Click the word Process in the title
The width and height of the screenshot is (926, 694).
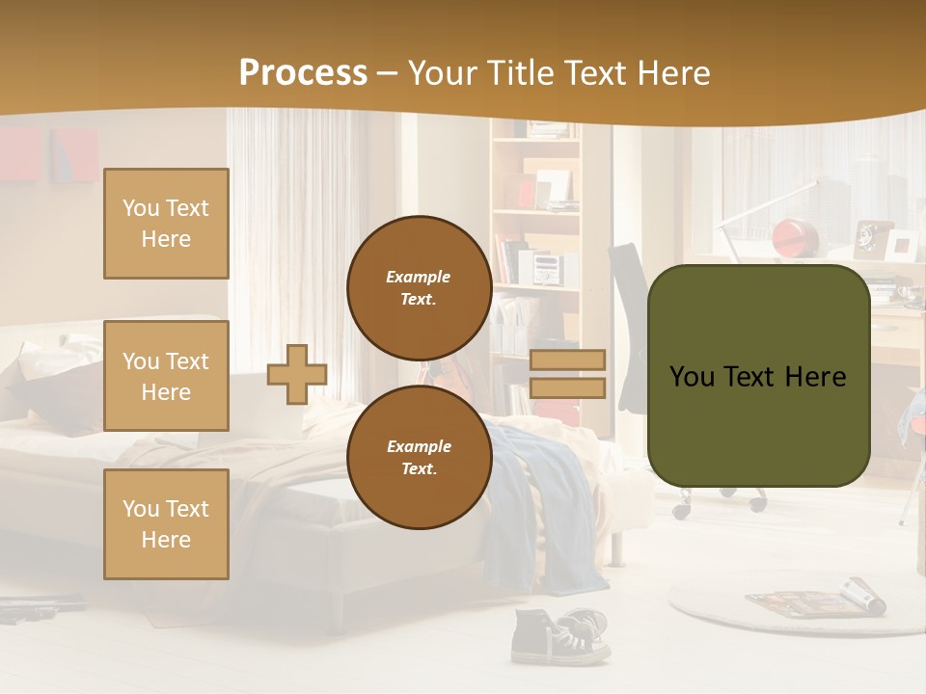coord(303,73)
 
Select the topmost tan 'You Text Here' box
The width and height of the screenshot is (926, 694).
coord(166,224)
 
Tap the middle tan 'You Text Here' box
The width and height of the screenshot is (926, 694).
coord(166,376)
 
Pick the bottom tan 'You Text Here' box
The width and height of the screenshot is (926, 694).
coord(166,523)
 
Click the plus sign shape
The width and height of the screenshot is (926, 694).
coord(296,374)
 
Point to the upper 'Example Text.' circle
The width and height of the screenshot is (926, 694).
coord(419,287)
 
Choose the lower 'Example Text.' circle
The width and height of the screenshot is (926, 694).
coord(419,457)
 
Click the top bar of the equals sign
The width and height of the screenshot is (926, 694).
coord(567,360)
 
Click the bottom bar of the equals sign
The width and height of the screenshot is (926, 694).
coord(567,387)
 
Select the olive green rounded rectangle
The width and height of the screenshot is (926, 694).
coord(758,376)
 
